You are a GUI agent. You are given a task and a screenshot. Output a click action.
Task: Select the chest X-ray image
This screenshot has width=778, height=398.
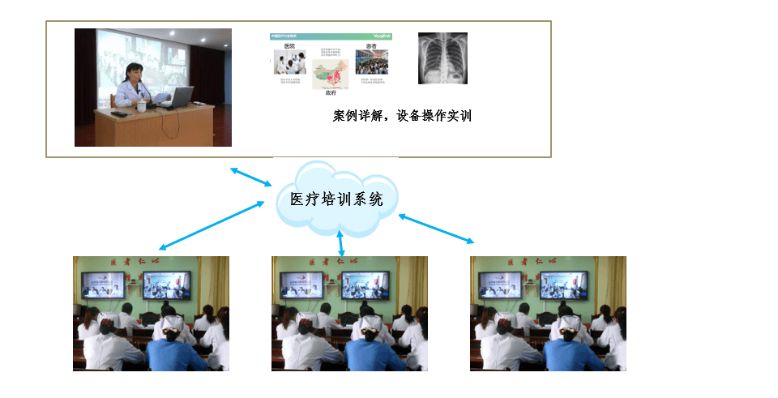pyautogui.click(x=442, y=58)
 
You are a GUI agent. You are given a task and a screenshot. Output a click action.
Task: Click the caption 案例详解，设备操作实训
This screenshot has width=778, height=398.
pyautogui.click(x=402, y=116)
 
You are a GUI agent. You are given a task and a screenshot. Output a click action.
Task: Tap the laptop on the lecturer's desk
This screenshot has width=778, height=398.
pyautogui.click(x=179, y=98)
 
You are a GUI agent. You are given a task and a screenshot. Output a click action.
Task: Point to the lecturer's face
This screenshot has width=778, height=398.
pyautogui.click(x=133, y=67)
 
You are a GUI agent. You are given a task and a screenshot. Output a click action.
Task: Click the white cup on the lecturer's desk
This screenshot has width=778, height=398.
pyautogui.click(x=141, y=106)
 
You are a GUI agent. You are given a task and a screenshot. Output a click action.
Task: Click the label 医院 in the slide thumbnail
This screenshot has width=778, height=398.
pyautogui.click(x=289, y=46)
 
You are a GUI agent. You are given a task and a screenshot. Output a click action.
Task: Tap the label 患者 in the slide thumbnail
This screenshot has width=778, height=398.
pyautogui.click(x=372, y=46)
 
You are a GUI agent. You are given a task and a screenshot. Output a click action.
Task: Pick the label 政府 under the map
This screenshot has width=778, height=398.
pyautogui.click(x=330, y=93)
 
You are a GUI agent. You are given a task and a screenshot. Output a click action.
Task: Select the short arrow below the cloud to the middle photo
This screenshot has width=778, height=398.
pyautogui.click(x=340, y=243)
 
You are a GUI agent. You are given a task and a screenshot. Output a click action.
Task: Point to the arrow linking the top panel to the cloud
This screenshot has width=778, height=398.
pyautogui.click(x=251, y=178)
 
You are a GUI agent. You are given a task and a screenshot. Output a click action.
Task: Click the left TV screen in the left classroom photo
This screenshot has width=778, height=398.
pyautogui.click(x=103, y=285)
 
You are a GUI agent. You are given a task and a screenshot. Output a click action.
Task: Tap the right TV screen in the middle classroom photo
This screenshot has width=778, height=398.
pyautogui.click(x=364, y=285)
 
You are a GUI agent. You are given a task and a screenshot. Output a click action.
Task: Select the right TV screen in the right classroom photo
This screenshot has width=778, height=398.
pyautogui.click(x=562, y=285)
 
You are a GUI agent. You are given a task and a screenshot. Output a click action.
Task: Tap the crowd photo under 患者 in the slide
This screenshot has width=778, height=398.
pyautogui.click(x=372, y=62)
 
